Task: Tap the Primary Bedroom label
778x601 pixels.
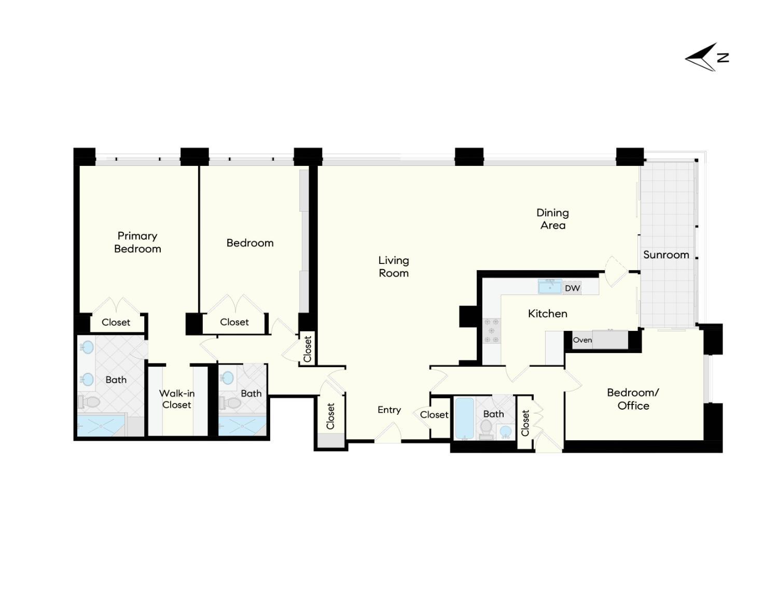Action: [x=137, y=242]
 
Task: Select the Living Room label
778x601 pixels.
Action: [x=394, y=267]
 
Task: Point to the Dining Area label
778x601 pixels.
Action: [x=552, y=219]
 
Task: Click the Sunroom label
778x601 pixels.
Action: [x=666, y=255]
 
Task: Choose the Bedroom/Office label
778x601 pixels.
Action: [x=633, y=399]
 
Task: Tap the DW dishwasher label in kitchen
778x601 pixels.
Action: [x=572, y=288]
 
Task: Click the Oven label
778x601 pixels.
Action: [x=582, y=340]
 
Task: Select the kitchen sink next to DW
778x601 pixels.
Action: [x=550, y=287]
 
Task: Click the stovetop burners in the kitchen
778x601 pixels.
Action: [x=491, y=331]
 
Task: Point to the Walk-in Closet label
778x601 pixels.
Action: [x=177, y=399]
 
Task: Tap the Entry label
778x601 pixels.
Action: [x=389, y=410]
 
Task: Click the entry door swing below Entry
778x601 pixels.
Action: [x=388, y=433]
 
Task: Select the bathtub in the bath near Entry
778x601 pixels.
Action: [x=464, y=418]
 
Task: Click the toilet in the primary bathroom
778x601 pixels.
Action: [x=89, y=401]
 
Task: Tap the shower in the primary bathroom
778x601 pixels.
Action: [x=101, y=425]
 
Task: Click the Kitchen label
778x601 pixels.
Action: [x=547, y=313]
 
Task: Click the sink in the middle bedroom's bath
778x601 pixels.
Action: [x=227, y=378]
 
